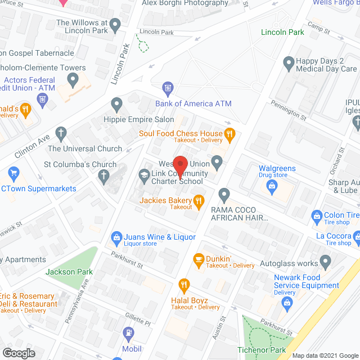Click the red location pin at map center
(179, 165)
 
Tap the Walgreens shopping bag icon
(273, 186)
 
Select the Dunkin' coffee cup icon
(198, 258)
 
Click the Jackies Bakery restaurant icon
(198, 200)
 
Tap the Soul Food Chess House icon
(229, 134)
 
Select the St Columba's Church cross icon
(103, 177)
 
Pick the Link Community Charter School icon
(143, 177)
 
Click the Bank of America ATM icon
(167, 88)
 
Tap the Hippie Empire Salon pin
(117, 103)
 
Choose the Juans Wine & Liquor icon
(117, 237)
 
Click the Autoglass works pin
(325, 262)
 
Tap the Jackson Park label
(69, 272)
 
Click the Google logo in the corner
(18, 353)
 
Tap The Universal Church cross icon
(61, 134)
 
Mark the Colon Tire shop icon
(316, 215)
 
